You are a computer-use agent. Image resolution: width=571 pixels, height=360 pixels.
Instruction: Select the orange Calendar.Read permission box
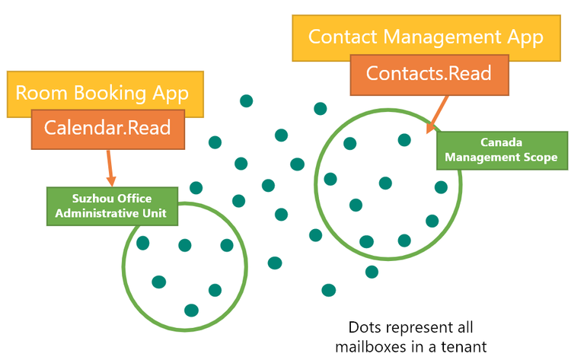(x=107, y=129)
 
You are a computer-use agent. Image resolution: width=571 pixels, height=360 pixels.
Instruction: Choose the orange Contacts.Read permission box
(x=429, y=74)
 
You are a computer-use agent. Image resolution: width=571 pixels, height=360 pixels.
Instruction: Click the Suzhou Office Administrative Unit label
(x=116, y=205)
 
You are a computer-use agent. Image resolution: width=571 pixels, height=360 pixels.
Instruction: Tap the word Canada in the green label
(x=501, y=142)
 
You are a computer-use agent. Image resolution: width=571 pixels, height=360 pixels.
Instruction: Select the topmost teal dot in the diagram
(x=246, y=100)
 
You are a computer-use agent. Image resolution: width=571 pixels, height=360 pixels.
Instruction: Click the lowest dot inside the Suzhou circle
(x=191, y=310)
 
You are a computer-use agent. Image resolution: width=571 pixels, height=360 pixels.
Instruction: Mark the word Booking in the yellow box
(x=111, y=93)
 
